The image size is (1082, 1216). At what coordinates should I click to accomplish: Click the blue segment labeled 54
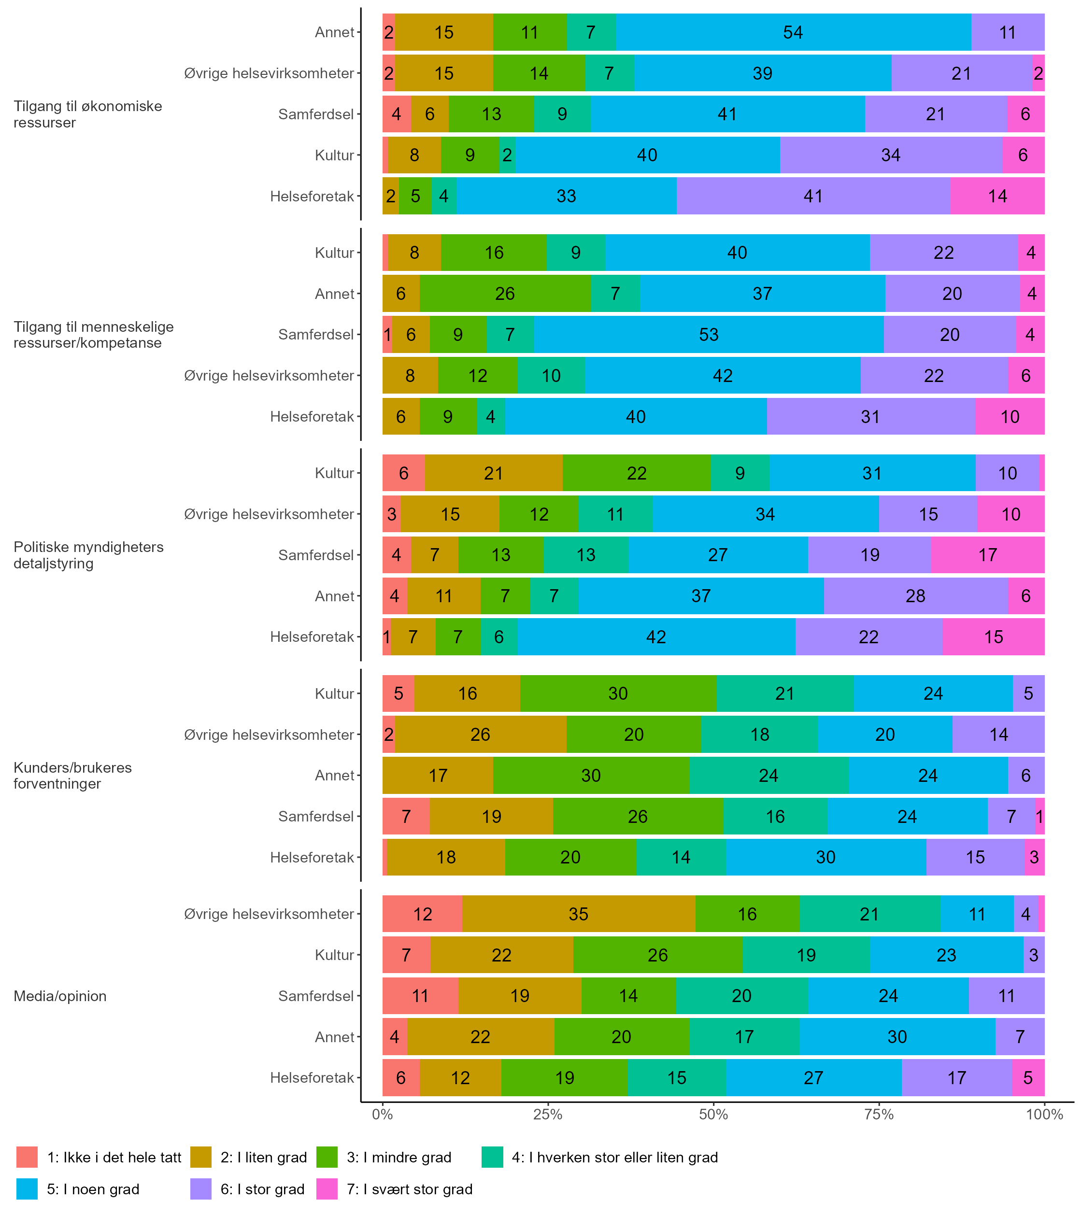coord(793,32)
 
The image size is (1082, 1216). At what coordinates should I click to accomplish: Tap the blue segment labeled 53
coord(708,334)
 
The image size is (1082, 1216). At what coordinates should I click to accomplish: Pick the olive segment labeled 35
coord(578,914)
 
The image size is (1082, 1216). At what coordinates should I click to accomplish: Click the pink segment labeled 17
coord(987,555)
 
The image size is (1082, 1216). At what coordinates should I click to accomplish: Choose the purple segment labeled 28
coord(915,595)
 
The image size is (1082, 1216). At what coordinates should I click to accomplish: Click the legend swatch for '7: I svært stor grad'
coord(327,1189)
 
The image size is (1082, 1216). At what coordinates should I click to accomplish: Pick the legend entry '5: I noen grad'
coord(93,1189)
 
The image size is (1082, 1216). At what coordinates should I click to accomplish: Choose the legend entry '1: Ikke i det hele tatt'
coord(114,1157)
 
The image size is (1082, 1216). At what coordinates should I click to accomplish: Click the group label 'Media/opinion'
coord(60,996)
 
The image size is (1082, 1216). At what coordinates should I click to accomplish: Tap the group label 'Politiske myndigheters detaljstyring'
coord(88,555)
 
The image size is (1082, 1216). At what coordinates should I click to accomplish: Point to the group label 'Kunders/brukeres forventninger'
coord(72,775)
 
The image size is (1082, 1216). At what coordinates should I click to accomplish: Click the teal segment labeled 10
coord(551,375)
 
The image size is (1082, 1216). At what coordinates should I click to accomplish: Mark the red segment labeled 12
coord(422,914)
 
